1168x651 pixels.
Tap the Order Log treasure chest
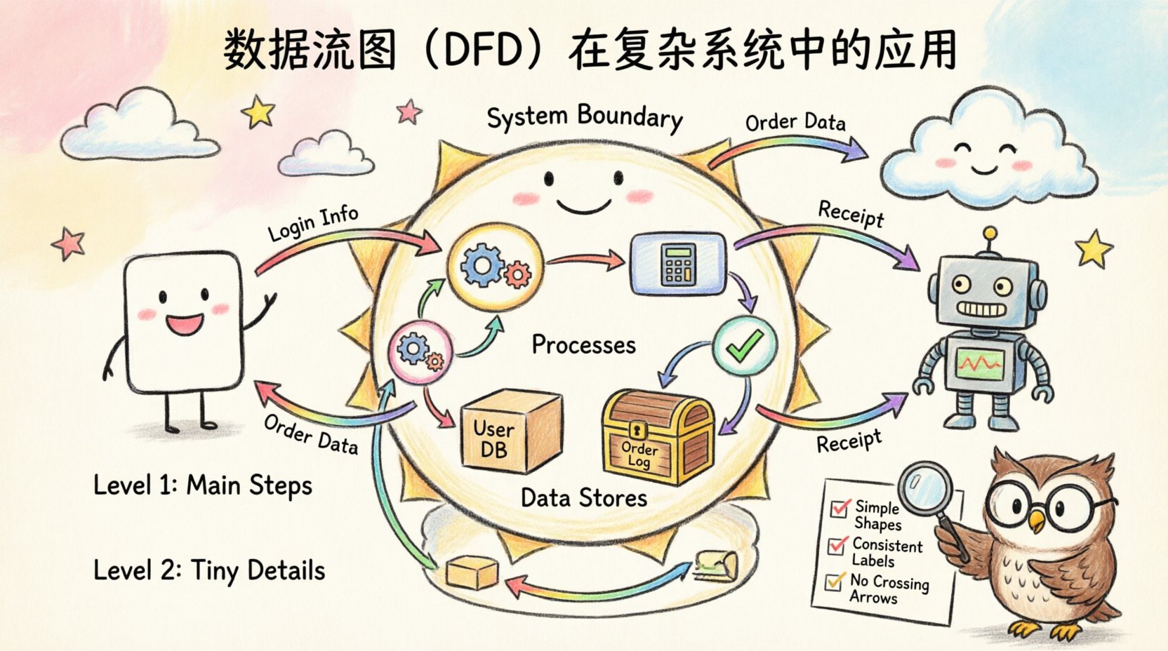657,438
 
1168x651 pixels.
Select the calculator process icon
678,264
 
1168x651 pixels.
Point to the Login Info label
313,222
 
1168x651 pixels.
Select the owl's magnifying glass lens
924,486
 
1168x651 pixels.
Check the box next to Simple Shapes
839,508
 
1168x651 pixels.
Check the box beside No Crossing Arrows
834,582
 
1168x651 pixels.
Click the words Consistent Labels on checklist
886,552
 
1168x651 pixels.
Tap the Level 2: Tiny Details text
209,570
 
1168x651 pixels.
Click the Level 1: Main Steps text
203,485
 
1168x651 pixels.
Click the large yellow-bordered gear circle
494,269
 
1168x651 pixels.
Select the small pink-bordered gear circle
420,351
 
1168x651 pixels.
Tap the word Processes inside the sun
583,344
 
